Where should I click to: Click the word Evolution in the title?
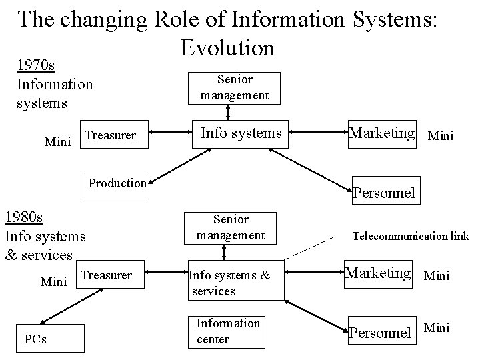tap(227, 47)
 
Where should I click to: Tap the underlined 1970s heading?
tap(36, 65)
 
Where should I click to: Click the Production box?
tap(117, 183)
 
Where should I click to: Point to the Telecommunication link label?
tap(411, 236)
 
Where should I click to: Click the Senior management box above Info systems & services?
tap(231, 227)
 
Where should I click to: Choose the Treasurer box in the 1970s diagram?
tap(111, 135)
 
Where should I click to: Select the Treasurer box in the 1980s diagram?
tap(106, 275)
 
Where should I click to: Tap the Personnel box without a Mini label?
tap(385, 193)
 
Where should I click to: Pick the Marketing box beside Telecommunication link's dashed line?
tap(379, 273)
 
